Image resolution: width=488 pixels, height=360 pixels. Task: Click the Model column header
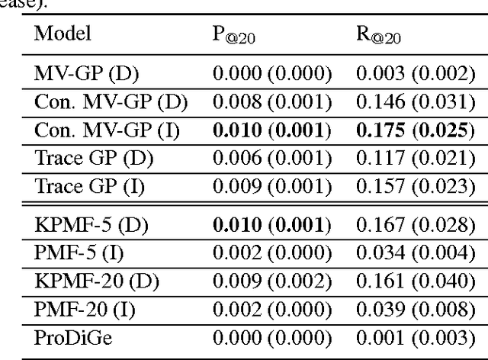(63, 33)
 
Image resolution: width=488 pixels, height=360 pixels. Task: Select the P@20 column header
(233, 35)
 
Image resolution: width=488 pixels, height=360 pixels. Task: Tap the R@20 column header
(379, 35)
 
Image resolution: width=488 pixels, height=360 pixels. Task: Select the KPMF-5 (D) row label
(91, 225)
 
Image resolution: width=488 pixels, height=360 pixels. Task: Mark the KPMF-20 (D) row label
(96, 281)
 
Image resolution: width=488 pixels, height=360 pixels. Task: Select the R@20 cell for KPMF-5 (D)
(415, 225)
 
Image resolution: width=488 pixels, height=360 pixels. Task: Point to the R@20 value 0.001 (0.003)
(415, 337)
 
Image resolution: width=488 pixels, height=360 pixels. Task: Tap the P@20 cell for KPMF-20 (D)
(271, 281)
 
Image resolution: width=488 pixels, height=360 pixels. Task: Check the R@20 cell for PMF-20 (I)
(415, 309)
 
